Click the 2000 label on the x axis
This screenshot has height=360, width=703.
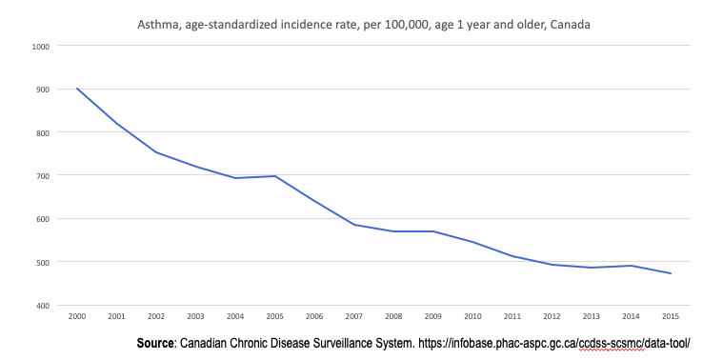coord(77,315)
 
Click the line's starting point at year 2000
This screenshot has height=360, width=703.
coord(77,89)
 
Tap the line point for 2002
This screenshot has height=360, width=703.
coord(157,152)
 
